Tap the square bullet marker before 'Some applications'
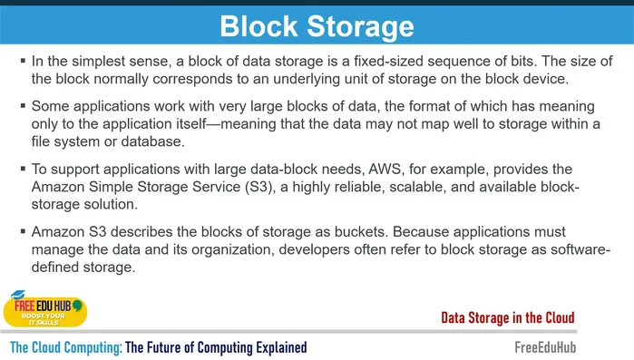pyautogui.click(x=23, y=105)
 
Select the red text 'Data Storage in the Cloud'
pyautogui.click(x=507, y=317)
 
